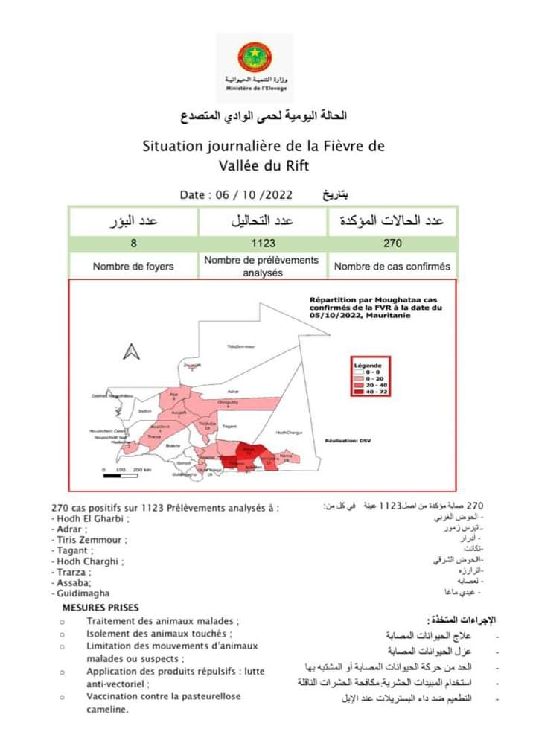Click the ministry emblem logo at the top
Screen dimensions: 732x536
click(x=255, y=57)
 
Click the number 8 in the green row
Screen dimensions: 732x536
click(x=133, y=243)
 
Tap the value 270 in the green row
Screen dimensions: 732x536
click(x=392, y=243)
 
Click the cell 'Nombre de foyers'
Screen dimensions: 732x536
click(x=133, y=266)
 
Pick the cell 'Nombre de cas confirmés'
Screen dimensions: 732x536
click(x=392, y=266)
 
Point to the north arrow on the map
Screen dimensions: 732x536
click(x=132, y=351)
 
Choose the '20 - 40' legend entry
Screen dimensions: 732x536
click(x=373, y=386)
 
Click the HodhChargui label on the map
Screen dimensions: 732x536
click(x=290, y=433)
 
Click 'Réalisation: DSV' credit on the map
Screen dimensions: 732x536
click(x=342, y=441)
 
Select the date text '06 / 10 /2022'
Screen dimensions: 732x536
click(x=254, y=195)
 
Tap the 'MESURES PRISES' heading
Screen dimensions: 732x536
click(x=105, y=608)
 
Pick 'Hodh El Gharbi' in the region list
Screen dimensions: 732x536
click(x=91, y=519)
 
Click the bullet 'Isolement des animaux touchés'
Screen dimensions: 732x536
click(x=155, y=633)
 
